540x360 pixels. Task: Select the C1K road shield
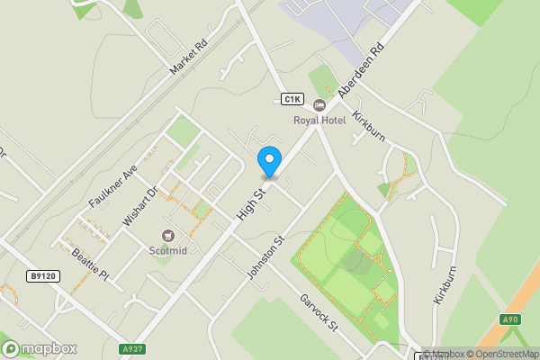click(x=292, y=99)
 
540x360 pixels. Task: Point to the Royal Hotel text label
click(x=319, y=121)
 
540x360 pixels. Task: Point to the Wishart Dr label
click(x=141, y=205)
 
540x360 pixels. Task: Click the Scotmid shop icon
click(x=167, y=236)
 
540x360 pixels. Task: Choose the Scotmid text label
click(x=167, y=250)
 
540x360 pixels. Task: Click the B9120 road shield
click(x=43, y=276)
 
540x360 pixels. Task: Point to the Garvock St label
click(x=318, y=312)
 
